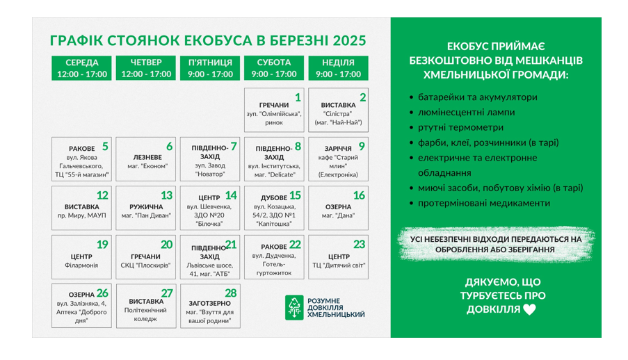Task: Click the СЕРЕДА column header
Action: tap(81, 68)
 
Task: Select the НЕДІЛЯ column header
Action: tap(338, 68)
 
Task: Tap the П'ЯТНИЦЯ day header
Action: tap(210, 68)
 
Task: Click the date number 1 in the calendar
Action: tap(298, 97)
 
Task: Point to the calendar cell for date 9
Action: tap(338, 159)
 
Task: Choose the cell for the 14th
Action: tap(210, 208)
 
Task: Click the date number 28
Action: tap(231, 293)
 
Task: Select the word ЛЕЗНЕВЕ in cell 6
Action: tap(147, 157)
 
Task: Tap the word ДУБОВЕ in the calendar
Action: tap(274, 198)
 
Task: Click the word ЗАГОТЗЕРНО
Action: tap(210, 304)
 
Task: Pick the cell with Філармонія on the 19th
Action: tap(81, 257)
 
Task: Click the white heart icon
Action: tap(529, 309)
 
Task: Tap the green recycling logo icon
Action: tap(294, 308)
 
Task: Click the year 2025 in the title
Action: tap(350, 40)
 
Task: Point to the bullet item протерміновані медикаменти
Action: tap(480, 203)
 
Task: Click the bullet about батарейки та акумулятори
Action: tap(474, 97)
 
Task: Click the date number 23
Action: tap(359, 244)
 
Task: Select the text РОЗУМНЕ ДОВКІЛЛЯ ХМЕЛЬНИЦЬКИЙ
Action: tap(336, 308)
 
